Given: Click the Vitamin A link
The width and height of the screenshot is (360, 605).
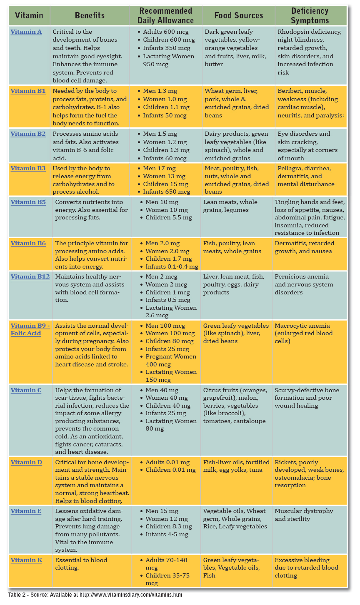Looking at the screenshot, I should (x=26, y=32).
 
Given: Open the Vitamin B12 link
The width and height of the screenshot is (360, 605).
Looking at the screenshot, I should (x=30, y=276).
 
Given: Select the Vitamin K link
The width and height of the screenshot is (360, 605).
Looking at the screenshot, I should (x=26, y=560).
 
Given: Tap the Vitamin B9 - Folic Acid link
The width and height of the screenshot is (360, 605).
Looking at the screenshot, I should (x=30, y=329).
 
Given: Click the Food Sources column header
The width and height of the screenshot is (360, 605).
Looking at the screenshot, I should (x=239, y=15).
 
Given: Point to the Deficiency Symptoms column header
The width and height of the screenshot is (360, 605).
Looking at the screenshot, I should (x=310, y=15).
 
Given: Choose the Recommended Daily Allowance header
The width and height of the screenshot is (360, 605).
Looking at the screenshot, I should (x=165, y=15).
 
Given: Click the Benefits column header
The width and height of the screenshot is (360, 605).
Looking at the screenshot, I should (x=90, y=15).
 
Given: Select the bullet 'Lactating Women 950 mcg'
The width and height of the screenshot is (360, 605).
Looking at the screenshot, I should (x=168, y=60).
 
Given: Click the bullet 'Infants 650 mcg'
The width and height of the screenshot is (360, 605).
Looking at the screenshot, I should (x=166, y=192).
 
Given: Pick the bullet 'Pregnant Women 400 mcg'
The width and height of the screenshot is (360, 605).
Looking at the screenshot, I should (x=171, y=360).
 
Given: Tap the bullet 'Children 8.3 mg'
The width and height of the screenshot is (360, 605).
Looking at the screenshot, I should (x=168, y=526).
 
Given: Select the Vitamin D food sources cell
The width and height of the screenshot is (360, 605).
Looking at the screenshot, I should (x=236, y=466).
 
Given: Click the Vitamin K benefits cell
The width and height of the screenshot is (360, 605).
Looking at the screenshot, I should (x=81, y=564).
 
